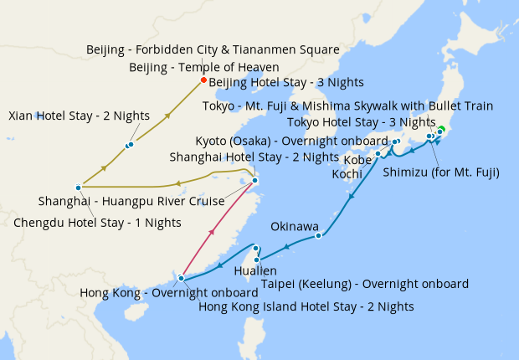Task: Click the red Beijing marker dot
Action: coord(203,81)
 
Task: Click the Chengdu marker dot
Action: coord(78,187)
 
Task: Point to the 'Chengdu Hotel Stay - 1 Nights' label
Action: coord(97,223)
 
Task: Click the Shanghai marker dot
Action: coord(255,180)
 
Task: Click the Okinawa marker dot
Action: coord(319,235)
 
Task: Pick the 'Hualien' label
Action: coord(256,271)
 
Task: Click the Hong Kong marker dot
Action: coord(182,278)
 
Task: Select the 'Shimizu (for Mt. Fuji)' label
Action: coord(440,173)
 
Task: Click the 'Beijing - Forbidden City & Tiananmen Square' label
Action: coord(213,50)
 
